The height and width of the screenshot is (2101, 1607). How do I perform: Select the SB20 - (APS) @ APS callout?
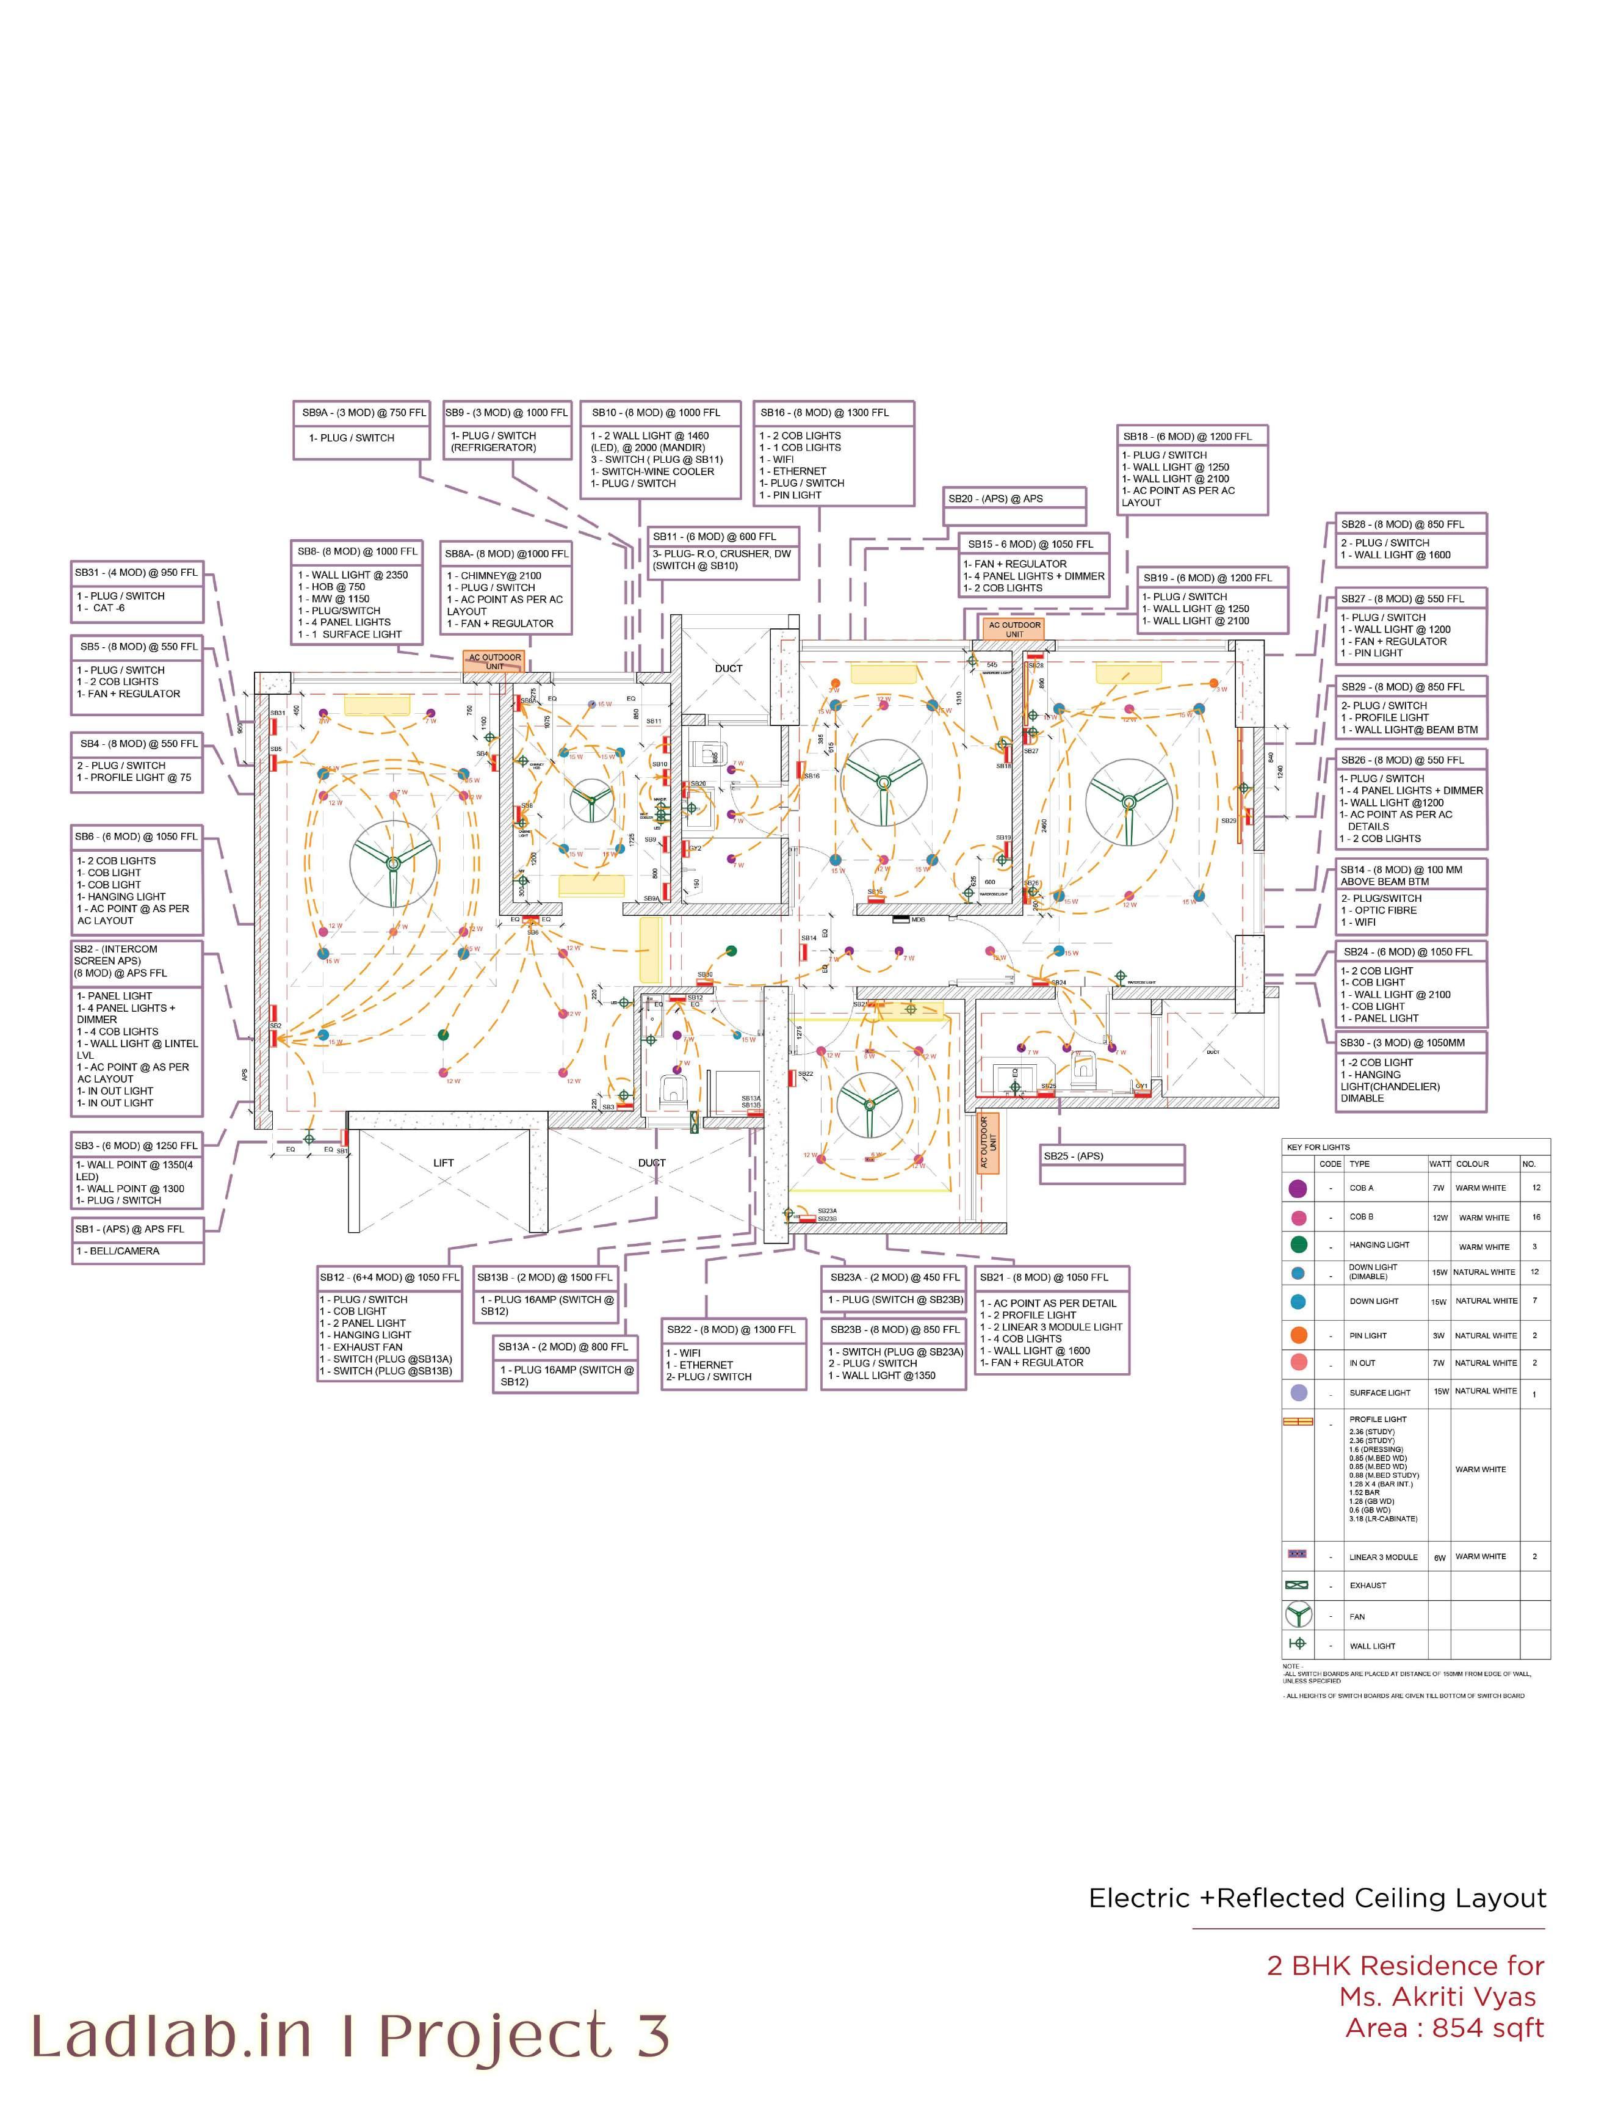pyautogui.click(x=1015, y=498)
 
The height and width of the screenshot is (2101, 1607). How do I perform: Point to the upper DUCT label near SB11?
pyautogui.click(x=728, y=668)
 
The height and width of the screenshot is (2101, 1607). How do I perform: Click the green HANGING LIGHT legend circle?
pyautogui.click(x=1298, y=1245)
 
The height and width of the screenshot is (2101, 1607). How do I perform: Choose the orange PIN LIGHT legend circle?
pyautogui.click(x=1298, y=1335)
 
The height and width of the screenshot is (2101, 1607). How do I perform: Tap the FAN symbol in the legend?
pyautogui.click(x=1297, y=1616)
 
